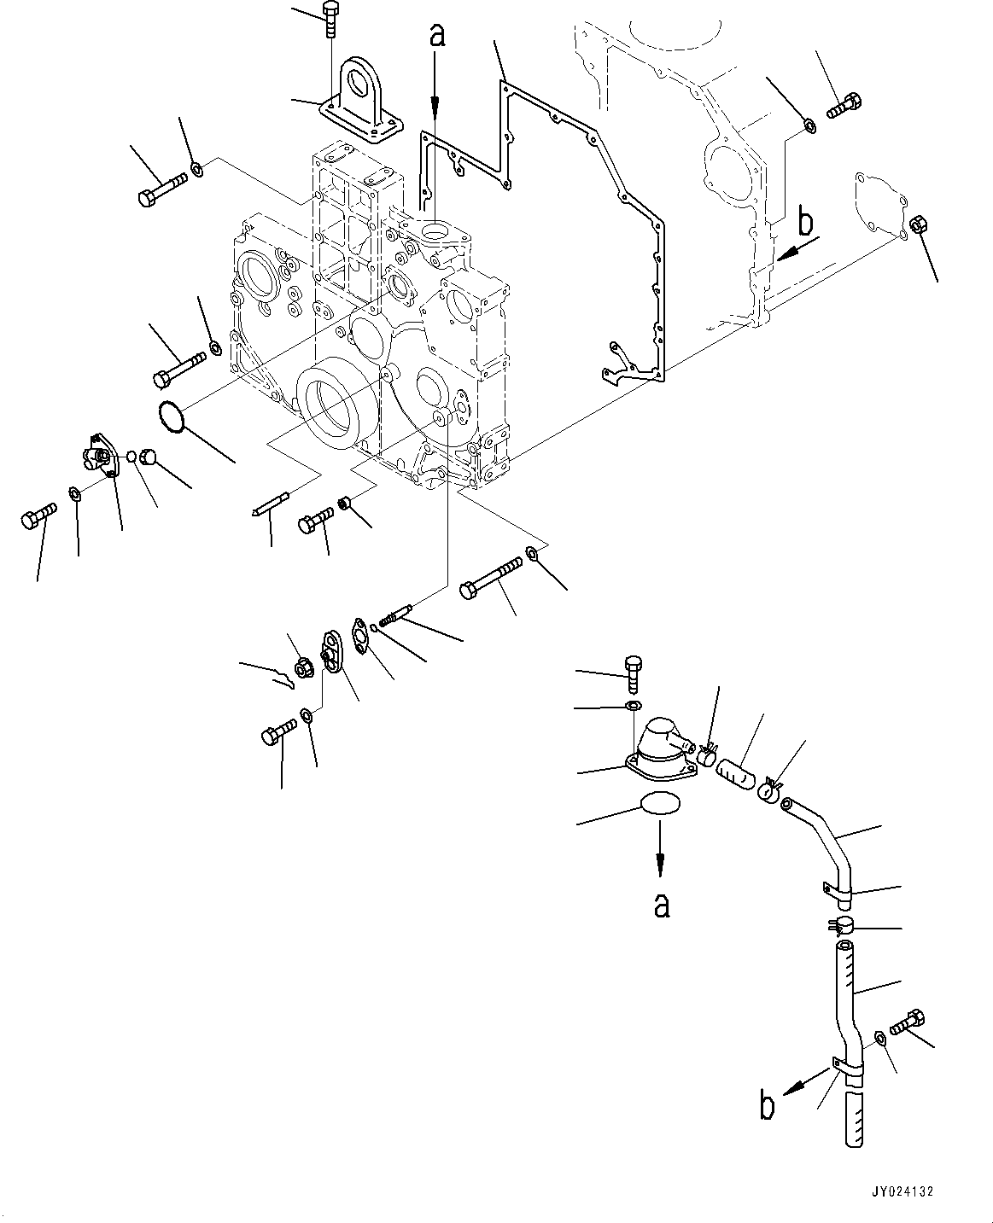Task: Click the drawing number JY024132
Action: tap(902, 1191)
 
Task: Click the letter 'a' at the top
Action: tap(438, 36)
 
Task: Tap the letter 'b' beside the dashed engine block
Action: tap(806, 224)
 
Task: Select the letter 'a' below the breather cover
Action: tap(662, 905)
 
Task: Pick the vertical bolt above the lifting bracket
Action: tap(330, 19)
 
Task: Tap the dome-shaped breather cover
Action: tap(662, 748)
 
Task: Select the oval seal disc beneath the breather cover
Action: tap(659, 804)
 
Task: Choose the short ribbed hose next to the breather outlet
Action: tap(737, 775)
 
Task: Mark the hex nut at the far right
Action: tap(918, 224)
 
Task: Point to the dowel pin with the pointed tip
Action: tap(273, 503)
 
